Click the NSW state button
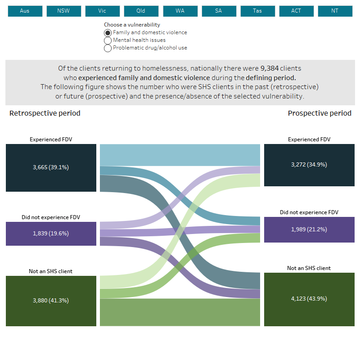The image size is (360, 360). click(x=63, y=11)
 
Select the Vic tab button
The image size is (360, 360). click(x=102, y=11)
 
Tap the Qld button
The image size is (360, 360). click(x=141, y=11)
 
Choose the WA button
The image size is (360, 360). click(x=180, y=11)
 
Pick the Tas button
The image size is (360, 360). click(x=257, y=11)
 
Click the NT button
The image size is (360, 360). click(x=335, y=11)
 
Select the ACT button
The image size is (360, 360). click(x=296, y=11)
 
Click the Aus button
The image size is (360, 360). click(x=25, y=11)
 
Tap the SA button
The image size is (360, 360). click(x=218, y=11)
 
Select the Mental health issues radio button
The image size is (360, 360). click(x=108, y=40)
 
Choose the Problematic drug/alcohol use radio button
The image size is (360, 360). click(x=108, y=48)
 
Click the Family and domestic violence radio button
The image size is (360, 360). click(x=108, y=33)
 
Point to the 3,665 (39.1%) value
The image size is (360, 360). click(x=51, y=167)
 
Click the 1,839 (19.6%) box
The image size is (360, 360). click(x=51, y=234)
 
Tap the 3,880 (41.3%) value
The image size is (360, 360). click(x=51, y=301)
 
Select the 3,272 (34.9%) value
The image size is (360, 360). click(x=309, y=165)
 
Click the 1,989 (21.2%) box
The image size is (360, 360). click(x=309, y=229)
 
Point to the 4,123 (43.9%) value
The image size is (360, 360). click(x=309, y=299)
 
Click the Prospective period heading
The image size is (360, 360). click(x=319, y=113)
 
